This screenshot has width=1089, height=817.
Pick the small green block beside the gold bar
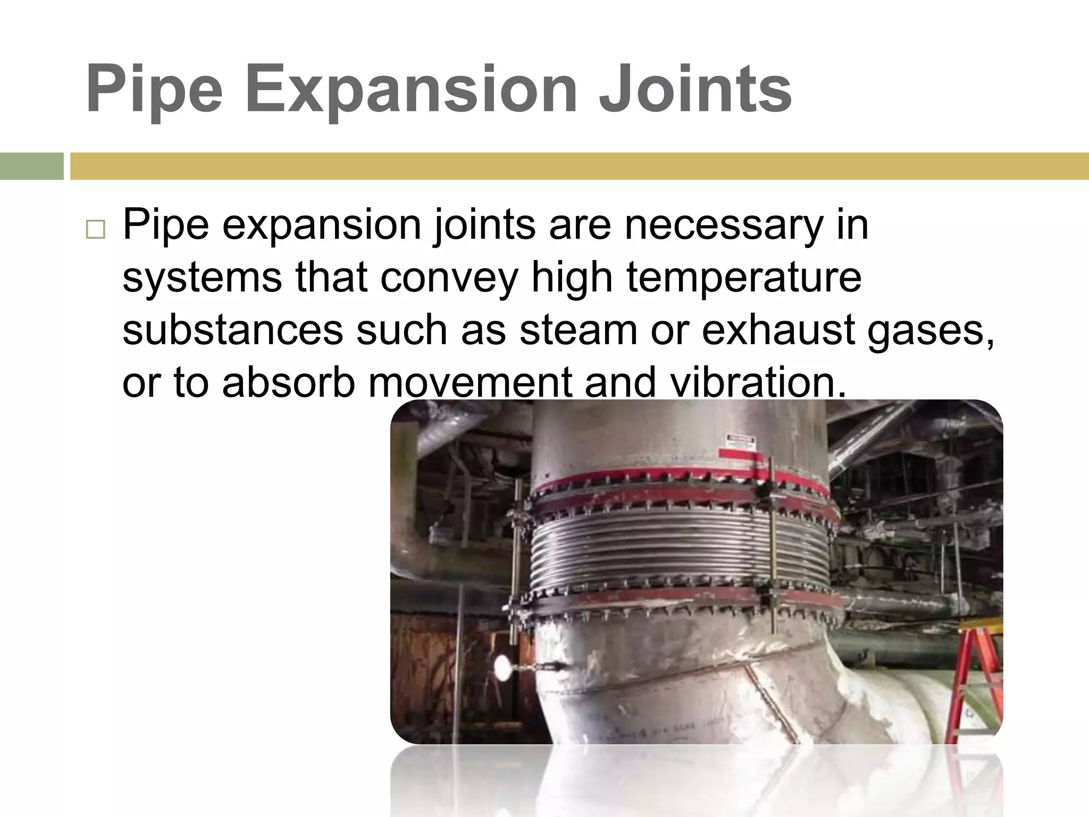click(x=31, y=166)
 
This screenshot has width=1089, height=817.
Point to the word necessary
click(x=724, y=225)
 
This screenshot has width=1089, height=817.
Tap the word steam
click(x=578, y=330)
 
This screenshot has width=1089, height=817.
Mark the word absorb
click(x=288, y=382)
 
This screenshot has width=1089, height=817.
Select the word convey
click(x=449, y=279)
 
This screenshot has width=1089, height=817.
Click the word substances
click(x=232, y=330)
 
